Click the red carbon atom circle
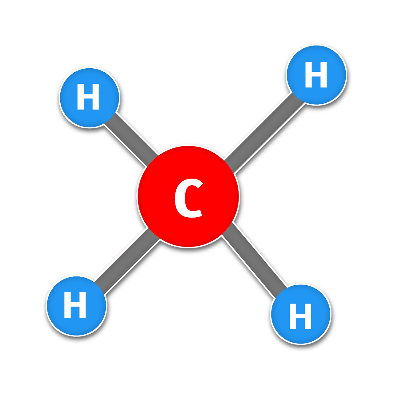point(188,196)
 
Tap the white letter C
point(188,198)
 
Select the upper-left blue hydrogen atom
point(89,98)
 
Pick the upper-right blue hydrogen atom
point(316,75)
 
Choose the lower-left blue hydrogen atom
point(76,306)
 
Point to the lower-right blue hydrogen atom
point(300,314)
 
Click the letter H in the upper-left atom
point(88,97)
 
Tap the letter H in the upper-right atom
point(316,74)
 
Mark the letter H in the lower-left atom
point(75,305)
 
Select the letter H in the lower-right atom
point(300,316)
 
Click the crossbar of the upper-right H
point(316,74)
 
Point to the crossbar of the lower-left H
point(75,304)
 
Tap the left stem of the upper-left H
point(81,97)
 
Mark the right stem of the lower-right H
point(308,316)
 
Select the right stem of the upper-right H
point(324,74)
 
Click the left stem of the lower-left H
point(67,305)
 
